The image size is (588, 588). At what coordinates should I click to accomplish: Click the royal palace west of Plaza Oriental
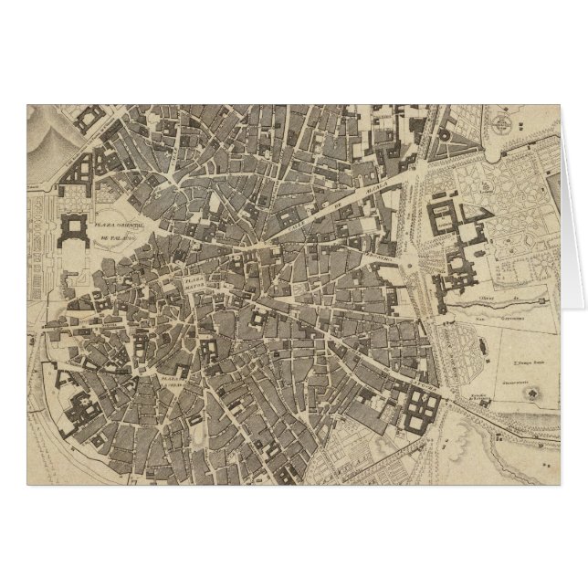coord(72,228)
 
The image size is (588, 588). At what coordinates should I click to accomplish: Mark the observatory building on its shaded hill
coord(530,390)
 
